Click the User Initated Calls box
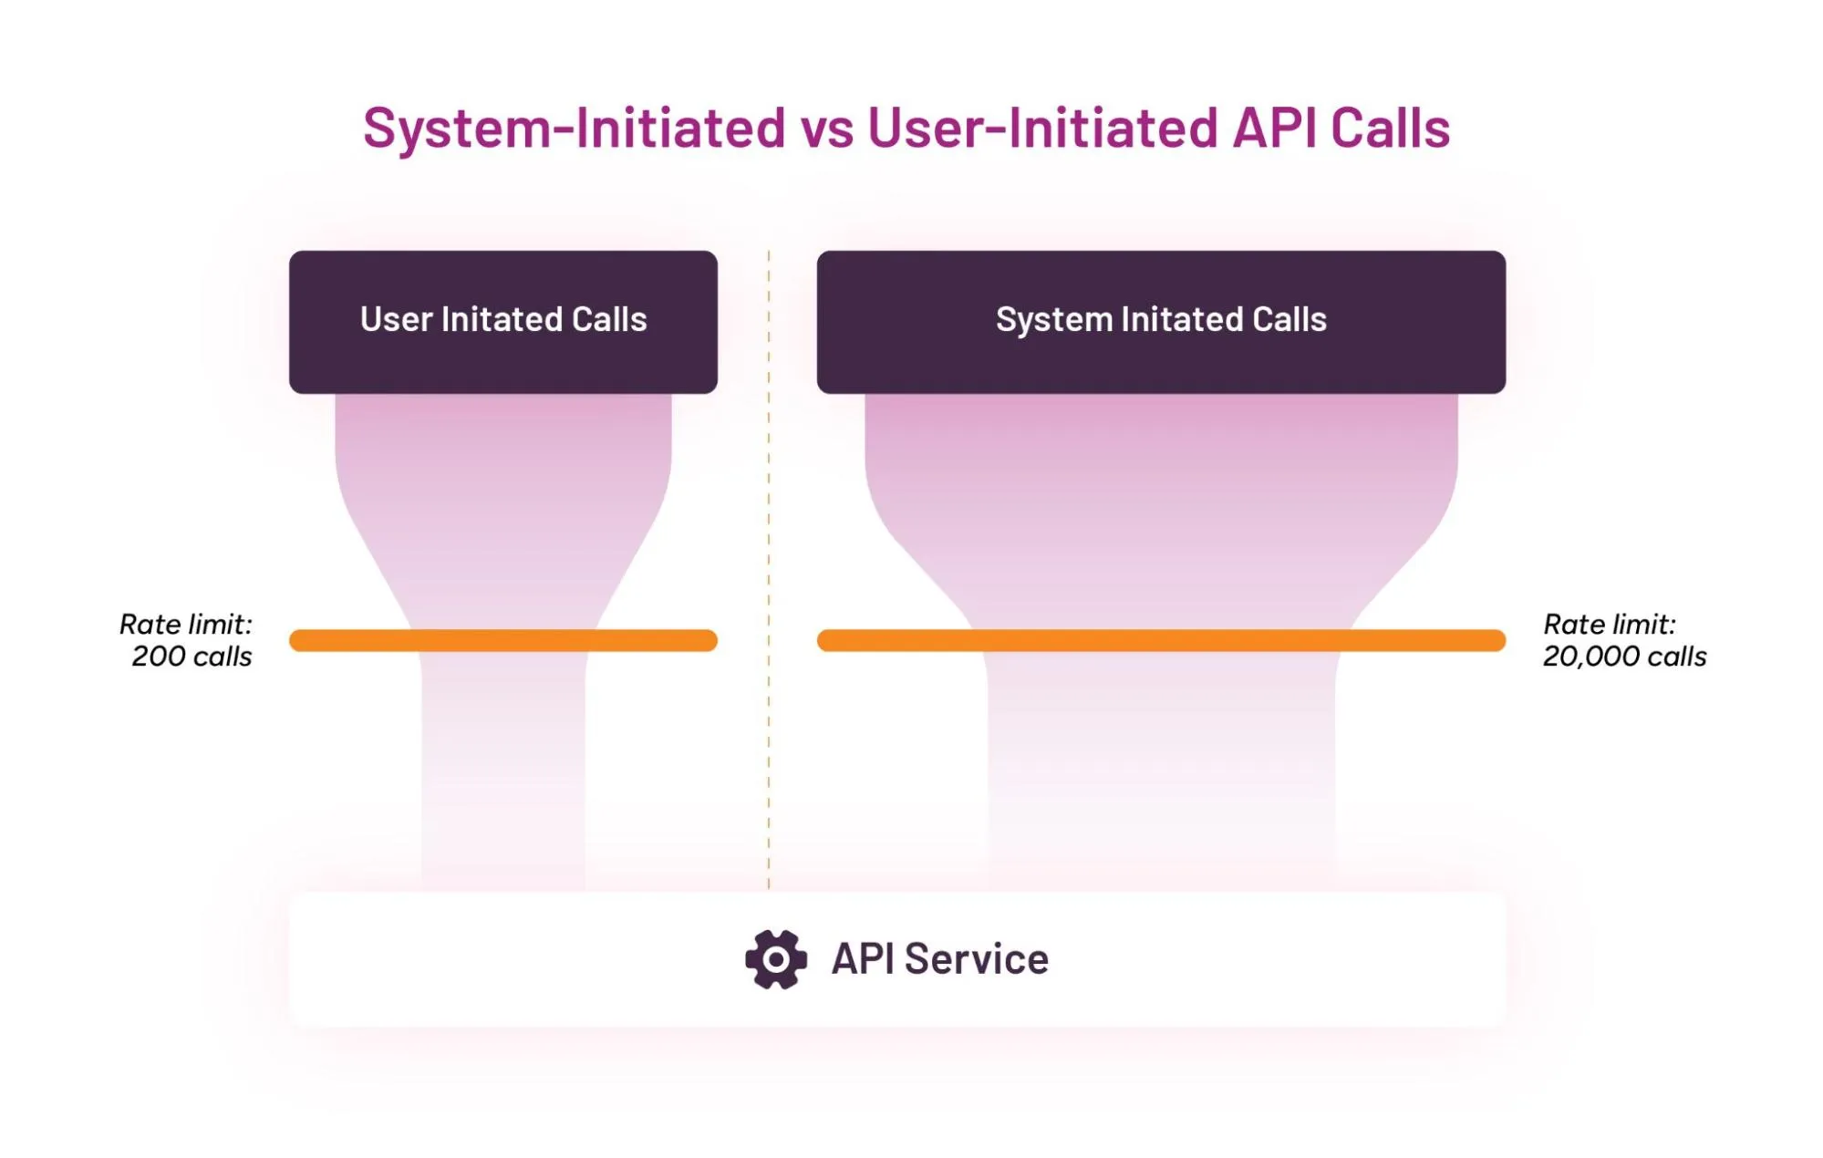coord(502,322)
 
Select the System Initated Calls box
coord(1160,322)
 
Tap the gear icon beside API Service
coord(775,959)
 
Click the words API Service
coord(939,959)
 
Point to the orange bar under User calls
coord(502,640)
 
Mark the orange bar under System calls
coord(1160,640)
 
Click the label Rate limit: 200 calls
coord(187,640)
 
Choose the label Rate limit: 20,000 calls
coord(1623,640)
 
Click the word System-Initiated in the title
coord(574,128)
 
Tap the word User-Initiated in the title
coord(1041,128)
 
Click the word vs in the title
coord(826,129)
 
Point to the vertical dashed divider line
coord(769,565)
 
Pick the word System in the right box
coord(1053,320)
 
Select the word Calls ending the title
coord(1390,128)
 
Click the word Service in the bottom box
coord(976,959)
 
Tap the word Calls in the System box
coord(1289,320)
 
